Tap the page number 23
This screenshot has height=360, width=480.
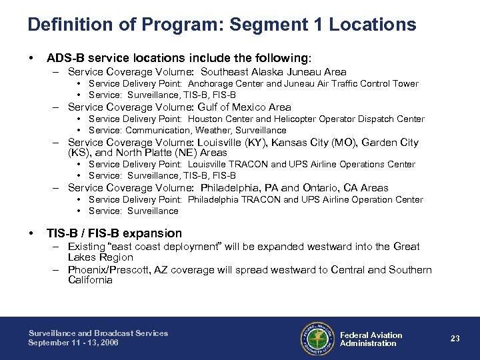click(455, 339)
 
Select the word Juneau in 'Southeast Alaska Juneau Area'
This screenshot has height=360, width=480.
click(300, 72)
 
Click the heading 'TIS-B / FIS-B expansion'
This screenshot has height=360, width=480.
click(114, 233)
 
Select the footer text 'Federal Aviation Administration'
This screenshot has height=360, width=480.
click(371, 339)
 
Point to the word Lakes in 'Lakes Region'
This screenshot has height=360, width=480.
click(82, 257)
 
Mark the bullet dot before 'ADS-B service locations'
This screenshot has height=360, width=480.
click(31, 58)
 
